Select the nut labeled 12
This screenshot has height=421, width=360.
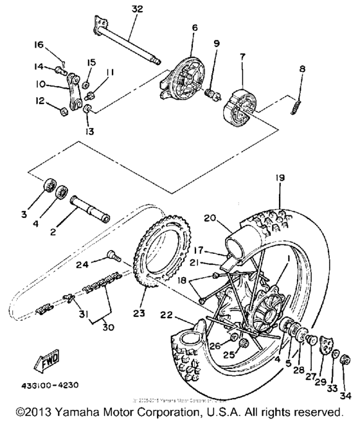click(x=62, y=113)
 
